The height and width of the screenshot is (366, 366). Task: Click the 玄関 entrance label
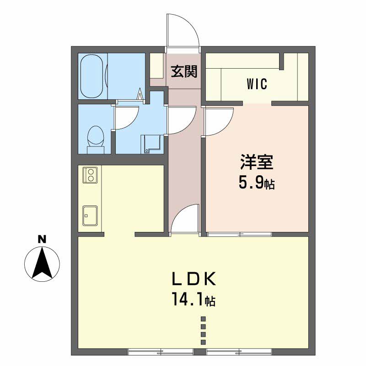[184, 71]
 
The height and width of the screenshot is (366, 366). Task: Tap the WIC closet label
[257, 84]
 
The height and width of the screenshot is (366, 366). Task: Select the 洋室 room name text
[257, 162]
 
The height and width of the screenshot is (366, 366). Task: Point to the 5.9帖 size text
[256, 182]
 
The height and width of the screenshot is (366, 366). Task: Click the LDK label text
[194, 279]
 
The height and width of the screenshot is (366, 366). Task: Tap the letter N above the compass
[42, 239]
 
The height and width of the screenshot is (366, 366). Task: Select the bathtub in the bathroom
[91, 76]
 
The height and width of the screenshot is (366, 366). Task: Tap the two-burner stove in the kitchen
[91, 175]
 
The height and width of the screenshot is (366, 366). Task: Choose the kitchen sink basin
[90, 215]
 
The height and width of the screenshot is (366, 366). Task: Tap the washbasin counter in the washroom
[151, 144]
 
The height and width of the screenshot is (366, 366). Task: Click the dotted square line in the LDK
[203, 330]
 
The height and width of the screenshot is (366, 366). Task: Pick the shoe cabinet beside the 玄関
[156, 66]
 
